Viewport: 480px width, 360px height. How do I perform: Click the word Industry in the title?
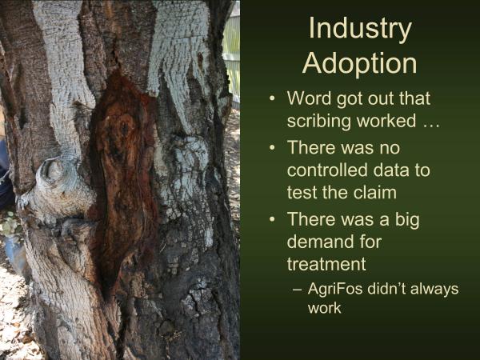pos(359,29)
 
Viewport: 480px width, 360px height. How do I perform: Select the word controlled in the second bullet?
pos(328,170)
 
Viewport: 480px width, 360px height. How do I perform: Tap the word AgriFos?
pos(335,289)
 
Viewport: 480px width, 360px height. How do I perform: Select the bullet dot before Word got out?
pos(274,98)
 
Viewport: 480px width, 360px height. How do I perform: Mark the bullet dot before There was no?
pos(274,148)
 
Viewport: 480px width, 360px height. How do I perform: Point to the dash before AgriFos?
pos(298,289)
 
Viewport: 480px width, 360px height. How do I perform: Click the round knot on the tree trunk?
pos(54,172)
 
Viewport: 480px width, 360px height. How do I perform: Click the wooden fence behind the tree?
pos(232,48)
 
